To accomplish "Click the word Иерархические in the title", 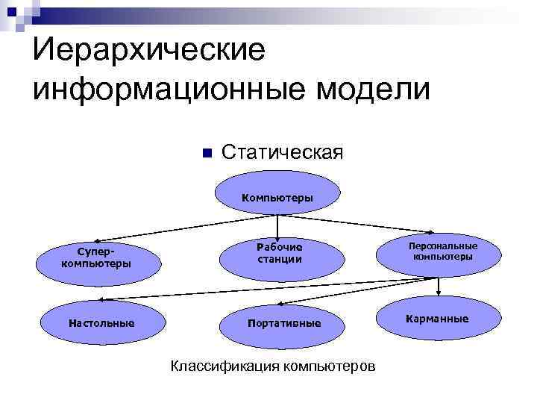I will point(149,51).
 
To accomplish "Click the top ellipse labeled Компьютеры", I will point(277,196).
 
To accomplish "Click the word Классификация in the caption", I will point(220,366).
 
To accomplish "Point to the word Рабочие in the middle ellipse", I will point(280,247).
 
